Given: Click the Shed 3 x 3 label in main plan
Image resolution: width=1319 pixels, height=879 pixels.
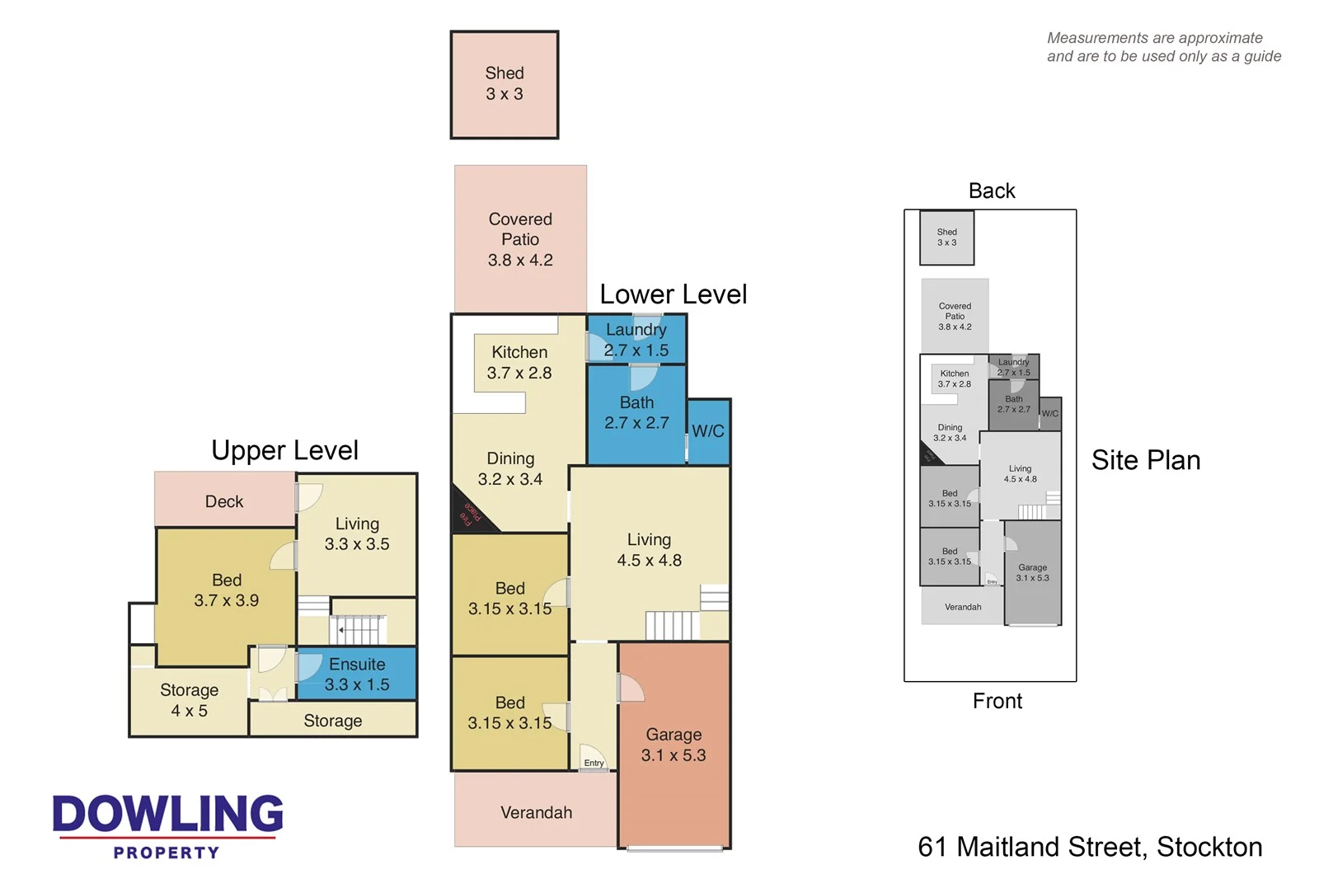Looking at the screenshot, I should tap(504, 84).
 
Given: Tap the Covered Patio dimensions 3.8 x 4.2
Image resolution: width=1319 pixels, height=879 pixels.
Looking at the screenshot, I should tap(520, 261).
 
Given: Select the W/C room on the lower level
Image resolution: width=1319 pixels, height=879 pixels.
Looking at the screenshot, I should tap(707, 431).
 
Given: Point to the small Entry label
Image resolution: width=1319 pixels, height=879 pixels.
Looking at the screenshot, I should tap(594, 764).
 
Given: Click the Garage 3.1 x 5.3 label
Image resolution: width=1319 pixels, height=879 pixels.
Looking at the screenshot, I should tap(674, 745).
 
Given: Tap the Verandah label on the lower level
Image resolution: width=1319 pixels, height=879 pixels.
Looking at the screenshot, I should tap(536, 813).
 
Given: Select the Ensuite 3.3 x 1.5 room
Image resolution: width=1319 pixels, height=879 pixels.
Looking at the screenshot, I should tap(357, 675).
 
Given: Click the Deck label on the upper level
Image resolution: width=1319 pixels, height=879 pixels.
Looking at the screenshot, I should tap(224, 501).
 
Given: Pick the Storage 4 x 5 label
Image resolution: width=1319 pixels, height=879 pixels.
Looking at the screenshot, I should tap(189, 700).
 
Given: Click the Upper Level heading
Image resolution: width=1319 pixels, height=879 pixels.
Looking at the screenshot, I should tap(284, 450).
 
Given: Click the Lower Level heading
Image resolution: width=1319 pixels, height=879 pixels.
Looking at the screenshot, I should tap(673, 294).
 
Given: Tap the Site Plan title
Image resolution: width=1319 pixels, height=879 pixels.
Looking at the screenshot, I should tap(1145, 460).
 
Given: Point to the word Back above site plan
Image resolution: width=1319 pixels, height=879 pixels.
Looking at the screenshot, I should tap(992, 191).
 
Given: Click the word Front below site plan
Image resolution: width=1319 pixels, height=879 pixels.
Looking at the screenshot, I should tap(997, 701).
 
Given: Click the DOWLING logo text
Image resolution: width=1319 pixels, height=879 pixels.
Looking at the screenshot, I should tap(167, 814).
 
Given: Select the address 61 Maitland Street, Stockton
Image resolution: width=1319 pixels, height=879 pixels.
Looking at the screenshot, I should tap(1090, 847).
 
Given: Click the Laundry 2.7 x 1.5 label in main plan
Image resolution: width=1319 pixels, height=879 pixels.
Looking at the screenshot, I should tap(636, 340).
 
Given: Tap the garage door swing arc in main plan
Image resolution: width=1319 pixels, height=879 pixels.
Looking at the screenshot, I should tap(631, 689).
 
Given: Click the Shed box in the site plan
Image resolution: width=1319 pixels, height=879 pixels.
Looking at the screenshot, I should tap(947, 237).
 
